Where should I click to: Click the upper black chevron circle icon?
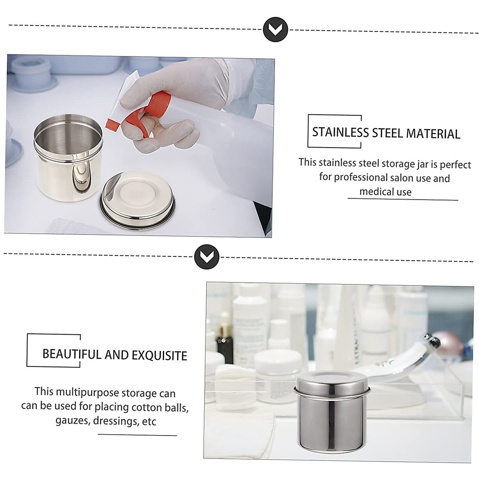click(276, 29)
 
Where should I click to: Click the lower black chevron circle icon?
click(207, 257)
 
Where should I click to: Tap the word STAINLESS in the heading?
click(340, 132)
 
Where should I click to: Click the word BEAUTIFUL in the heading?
click(72, 354)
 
